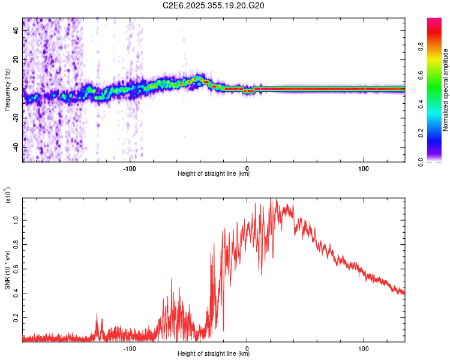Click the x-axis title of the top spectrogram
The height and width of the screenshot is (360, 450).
tap(214, 174)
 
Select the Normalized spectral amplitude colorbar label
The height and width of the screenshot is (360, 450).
tap(446, 90)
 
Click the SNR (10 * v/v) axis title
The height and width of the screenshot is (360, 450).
tap(7, 270)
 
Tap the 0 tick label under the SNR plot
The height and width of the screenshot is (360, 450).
tap(247, 348)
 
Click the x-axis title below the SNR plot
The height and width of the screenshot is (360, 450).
tap(214, 355)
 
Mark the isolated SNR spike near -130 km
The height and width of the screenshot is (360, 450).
tap(97, 314)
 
